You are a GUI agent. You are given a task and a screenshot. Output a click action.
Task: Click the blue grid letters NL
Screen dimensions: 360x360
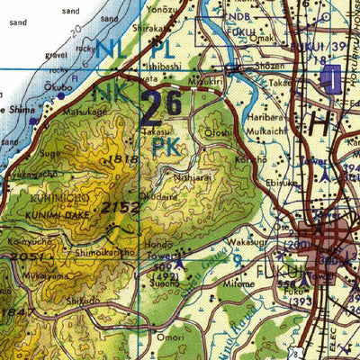tap(112, 49)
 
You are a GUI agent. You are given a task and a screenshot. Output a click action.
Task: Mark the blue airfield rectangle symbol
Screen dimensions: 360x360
tap(330, 80)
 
